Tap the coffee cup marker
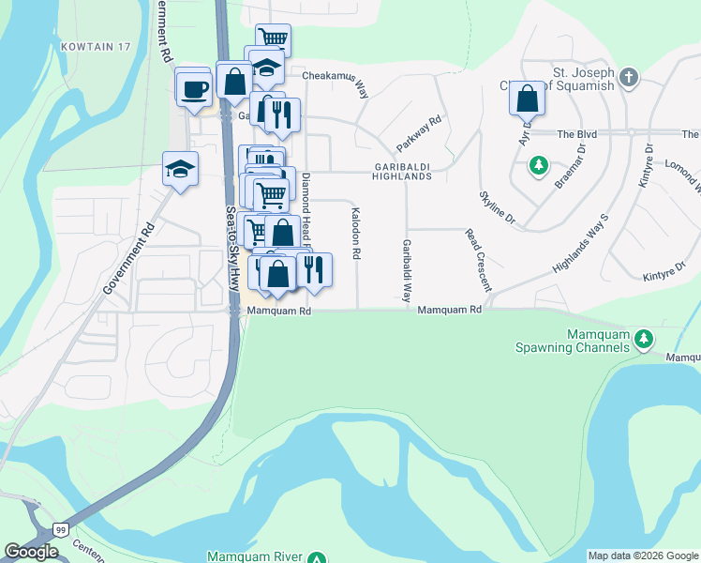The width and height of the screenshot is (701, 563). click(x=195, y=89)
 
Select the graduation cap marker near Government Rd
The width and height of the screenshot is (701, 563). click(x=180, y=169)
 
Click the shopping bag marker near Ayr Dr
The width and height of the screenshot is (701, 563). click(x=528, y=98)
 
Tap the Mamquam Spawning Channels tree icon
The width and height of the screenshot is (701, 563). click(x=643, y=338)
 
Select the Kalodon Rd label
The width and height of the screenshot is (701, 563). click(x=356, y=234)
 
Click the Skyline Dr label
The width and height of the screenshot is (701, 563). click(x=497, y=206)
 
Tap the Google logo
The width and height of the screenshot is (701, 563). click(x=31, y=552)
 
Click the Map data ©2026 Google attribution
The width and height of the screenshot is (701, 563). click(x=642, y=555)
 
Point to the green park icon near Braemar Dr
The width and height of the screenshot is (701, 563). click(x=538, y=166)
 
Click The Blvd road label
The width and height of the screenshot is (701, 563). click(x=577, y=134)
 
